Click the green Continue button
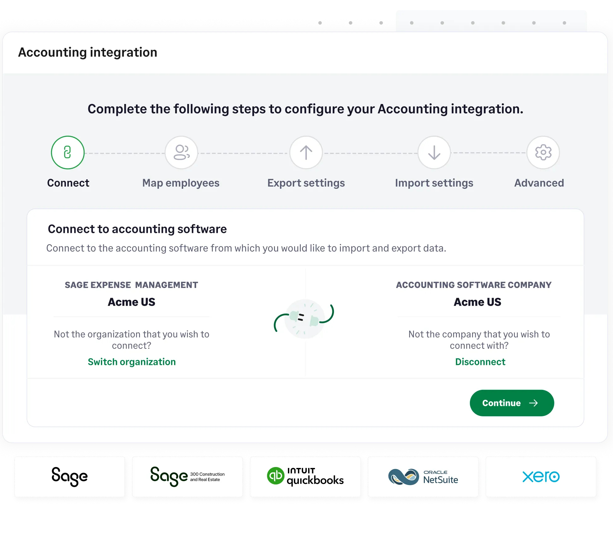[x=511, y=403]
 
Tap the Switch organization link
[x=131, y=362]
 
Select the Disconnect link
[x=480, y=362]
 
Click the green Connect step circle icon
[x=67, y=153]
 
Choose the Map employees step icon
[x=181, y=153]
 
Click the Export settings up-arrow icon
[x=306, y=153]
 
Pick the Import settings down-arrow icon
[x=434, y=153]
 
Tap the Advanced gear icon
[x=543, y=153]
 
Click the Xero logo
[x=541, y=476]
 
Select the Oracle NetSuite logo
[x=423, y=476]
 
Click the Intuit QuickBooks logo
[x=305, y=476]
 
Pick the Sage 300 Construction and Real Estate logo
[x=187, y=476]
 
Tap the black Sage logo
[x=70, y=476]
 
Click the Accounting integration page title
[x=88, y=52]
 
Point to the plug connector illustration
[x=304, y=318]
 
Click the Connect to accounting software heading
[x=137, y=229]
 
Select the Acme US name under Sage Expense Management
[x=131, y=302]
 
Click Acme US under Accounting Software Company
[x=477, y=302]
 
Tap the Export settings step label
[x=306, y=183]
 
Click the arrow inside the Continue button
[x=534, y=403]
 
